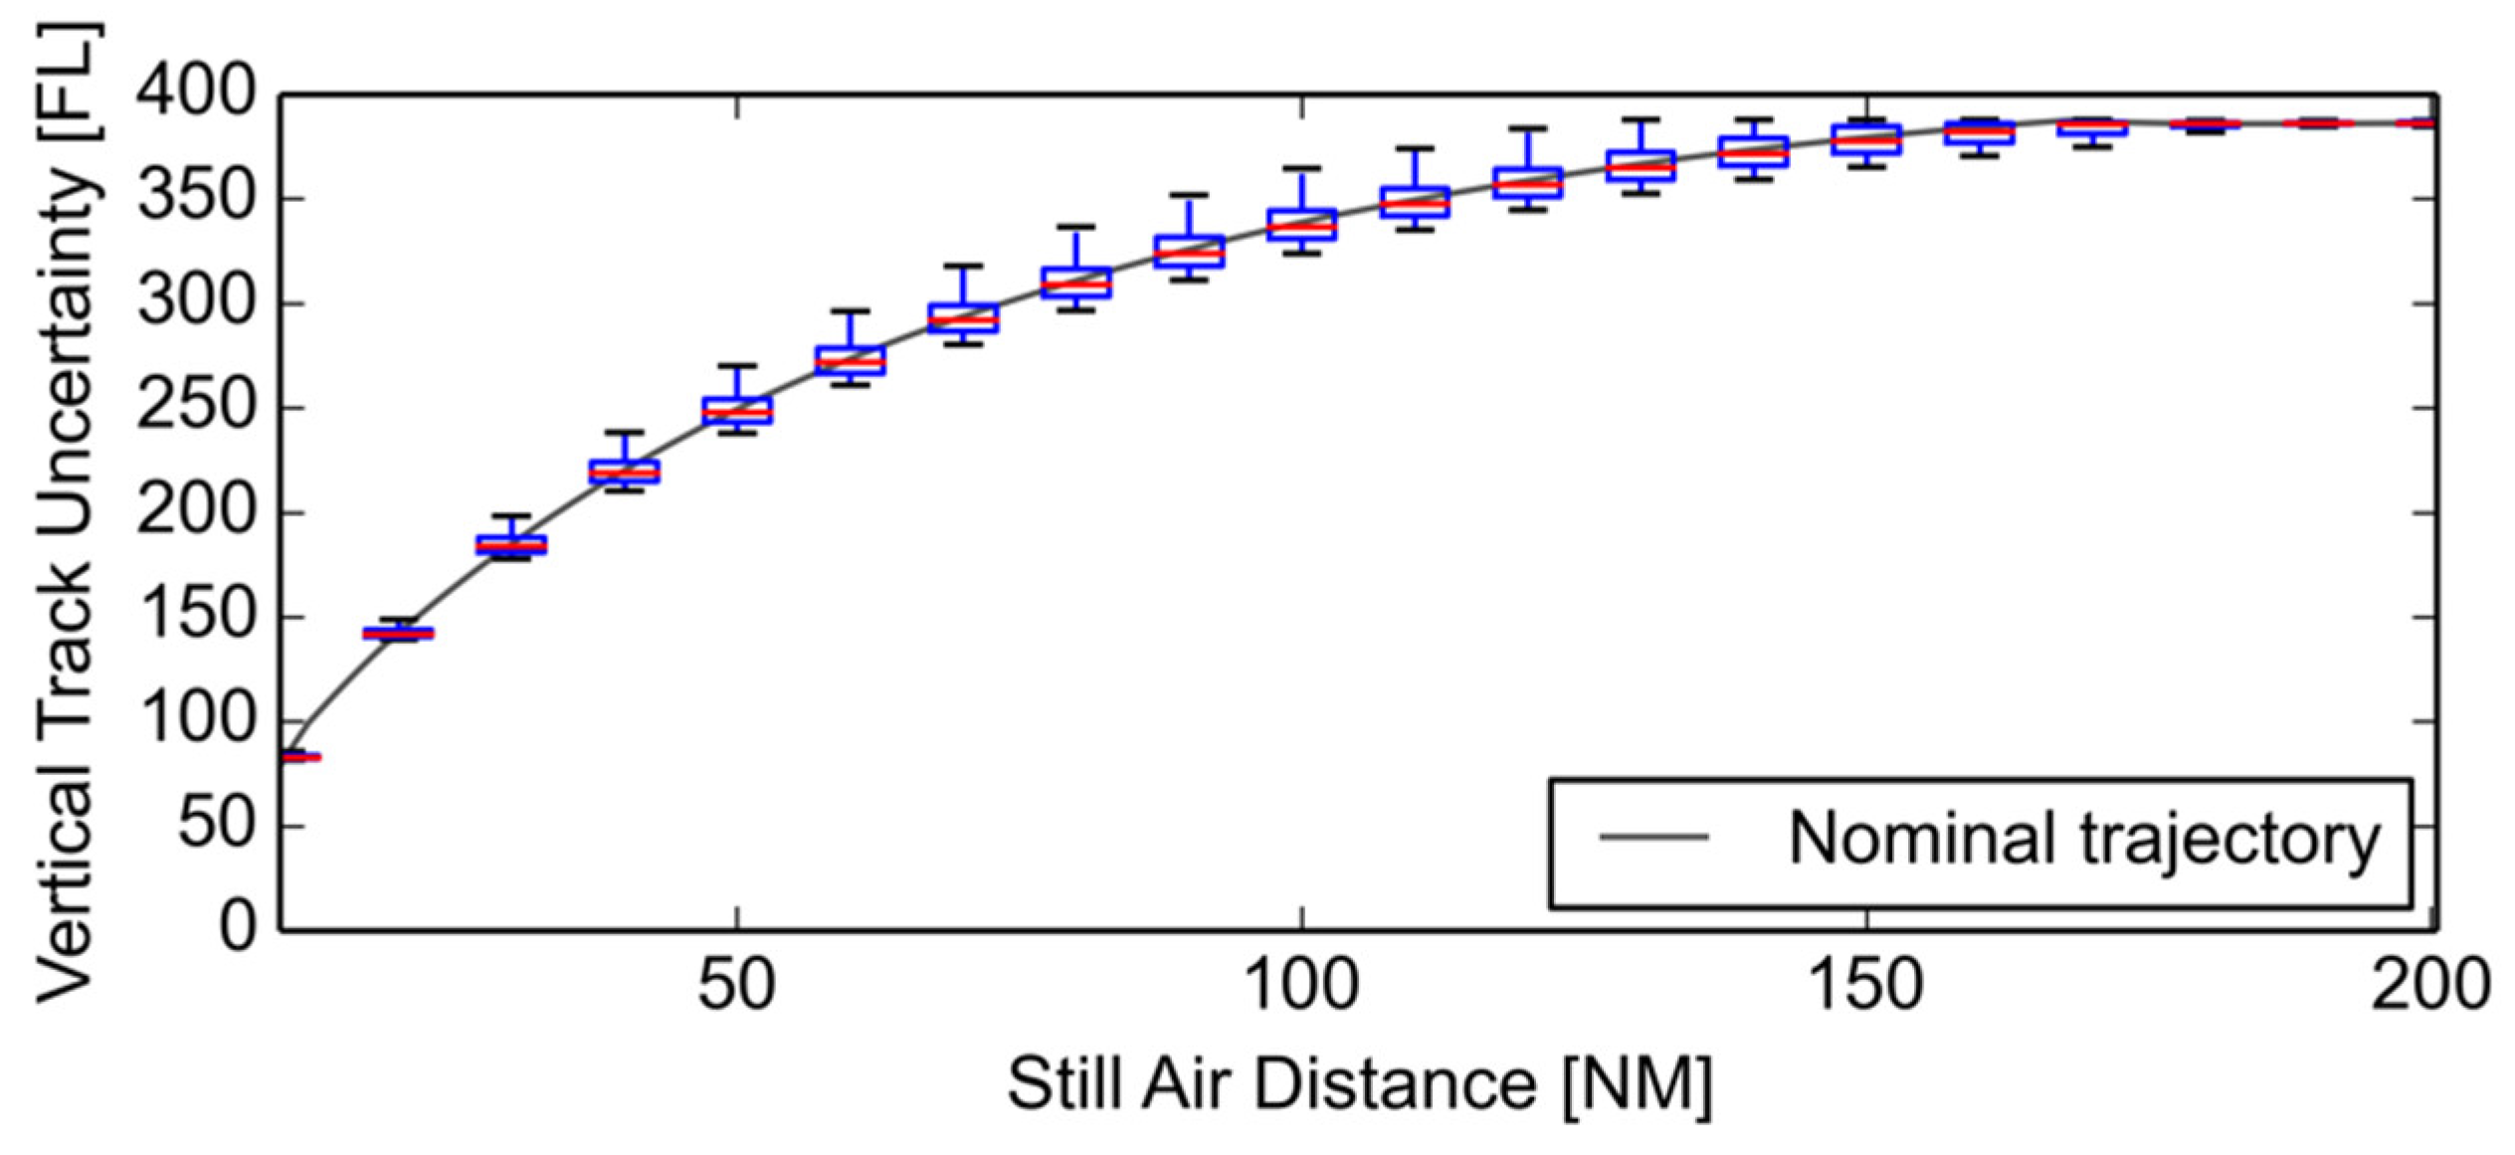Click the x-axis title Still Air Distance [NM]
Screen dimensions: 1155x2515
(x=1359, y=1083)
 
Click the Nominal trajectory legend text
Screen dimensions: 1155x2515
(x=2083, y=838)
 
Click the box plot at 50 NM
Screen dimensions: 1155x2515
(x=737, y=410)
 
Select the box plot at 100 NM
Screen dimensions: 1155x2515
(x=1301, y=225)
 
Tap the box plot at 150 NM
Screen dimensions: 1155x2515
(x=1866, y=139)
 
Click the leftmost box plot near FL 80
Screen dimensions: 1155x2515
(x=298, y=757)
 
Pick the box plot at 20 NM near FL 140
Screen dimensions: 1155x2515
(x=398, y=633)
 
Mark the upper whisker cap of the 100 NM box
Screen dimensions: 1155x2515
(x=1301, y=169)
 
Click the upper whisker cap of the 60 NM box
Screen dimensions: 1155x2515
(x=850, y=311)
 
